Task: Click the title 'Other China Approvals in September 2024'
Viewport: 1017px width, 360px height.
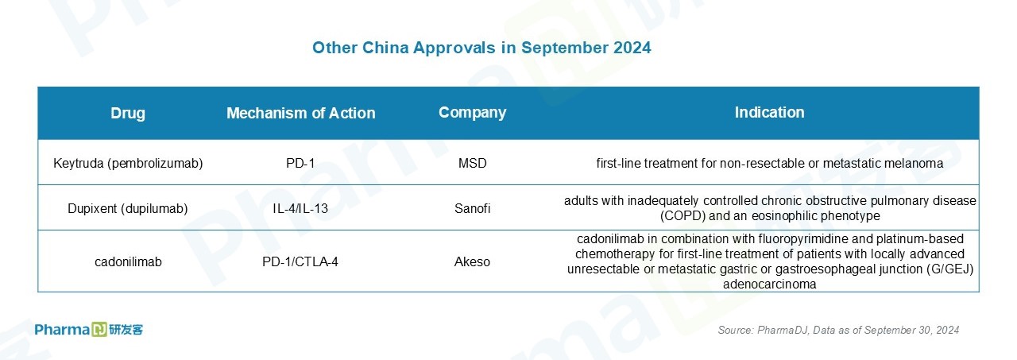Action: coord(481,48)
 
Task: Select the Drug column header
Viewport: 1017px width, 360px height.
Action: coord(128,113)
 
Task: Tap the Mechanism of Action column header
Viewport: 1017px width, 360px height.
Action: coord(301,113)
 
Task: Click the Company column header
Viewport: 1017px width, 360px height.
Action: coord(472,113)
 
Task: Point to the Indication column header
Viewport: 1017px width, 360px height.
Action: coord(770,112)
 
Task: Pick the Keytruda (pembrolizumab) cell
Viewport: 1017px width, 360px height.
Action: coord(128,163)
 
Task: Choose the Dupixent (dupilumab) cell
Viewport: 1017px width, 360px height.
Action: coord(128,208)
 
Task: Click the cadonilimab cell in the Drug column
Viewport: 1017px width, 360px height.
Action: coord(128,262)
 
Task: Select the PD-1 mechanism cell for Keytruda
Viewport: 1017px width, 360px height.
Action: coord(300,163)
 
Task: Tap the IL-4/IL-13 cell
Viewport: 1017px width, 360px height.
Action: coord(300,208)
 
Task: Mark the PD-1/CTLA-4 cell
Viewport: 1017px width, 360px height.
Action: coord(300,262)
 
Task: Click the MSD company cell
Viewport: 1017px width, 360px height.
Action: coord(472,163)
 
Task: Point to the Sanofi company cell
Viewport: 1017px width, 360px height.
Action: coord(472,208)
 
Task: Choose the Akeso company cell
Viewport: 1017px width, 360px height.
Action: coord(472,262)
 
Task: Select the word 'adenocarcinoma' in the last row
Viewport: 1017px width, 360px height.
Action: coord(770,285)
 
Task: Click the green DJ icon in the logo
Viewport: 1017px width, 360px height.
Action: coord(99,330)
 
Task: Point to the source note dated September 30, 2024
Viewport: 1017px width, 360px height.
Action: coord(838,330)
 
